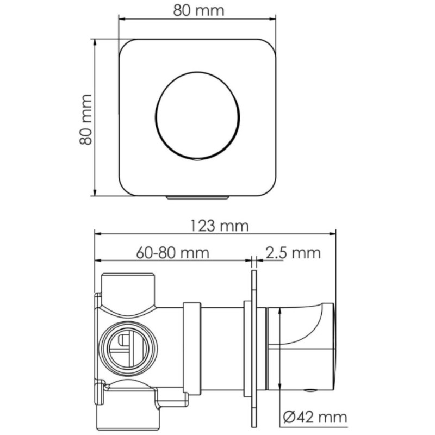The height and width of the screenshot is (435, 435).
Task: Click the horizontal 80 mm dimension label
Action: click(x=198, y=11)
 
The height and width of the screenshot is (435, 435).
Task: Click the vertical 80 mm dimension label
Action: click(x=86, y=120)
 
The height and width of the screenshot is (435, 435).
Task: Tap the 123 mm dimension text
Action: click(x=220, y=226)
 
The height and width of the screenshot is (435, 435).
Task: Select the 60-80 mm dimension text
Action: click(x=172, y=253)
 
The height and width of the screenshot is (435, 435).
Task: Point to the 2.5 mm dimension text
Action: click(x=293, y=253)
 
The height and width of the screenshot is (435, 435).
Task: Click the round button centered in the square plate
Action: click(x=197, y=116)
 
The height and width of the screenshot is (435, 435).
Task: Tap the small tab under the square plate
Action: click(x=197, y=197)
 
